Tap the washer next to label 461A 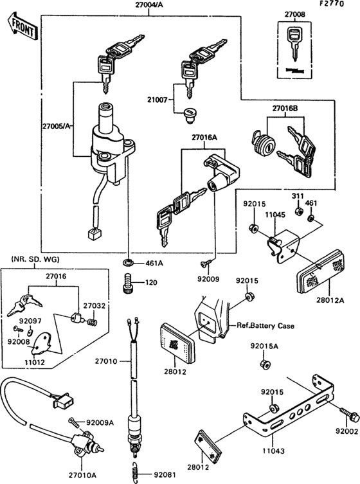[129, 263]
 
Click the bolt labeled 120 [127, 282]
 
